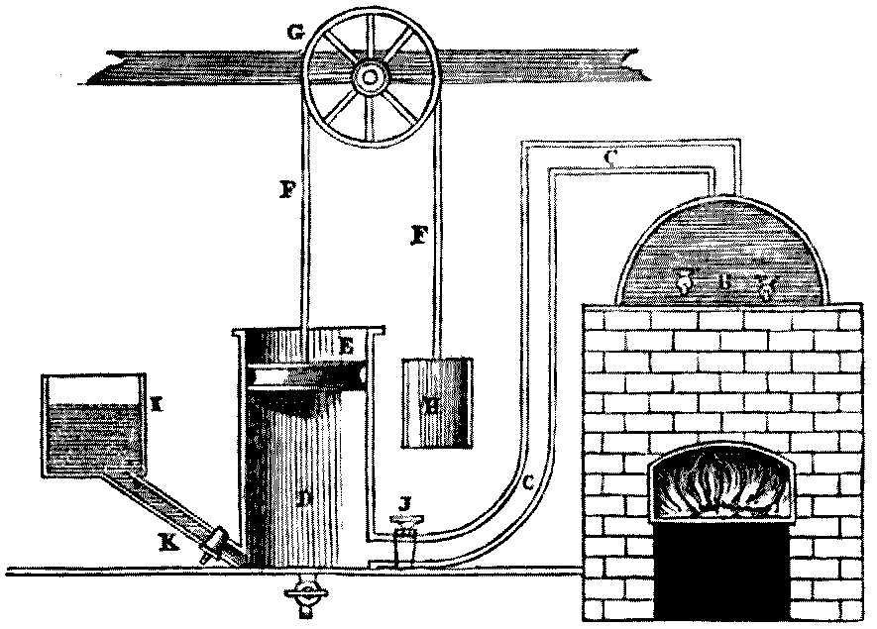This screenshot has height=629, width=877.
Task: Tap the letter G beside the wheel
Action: coord(293,31)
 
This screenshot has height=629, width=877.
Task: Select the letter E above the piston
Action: coord(346,347)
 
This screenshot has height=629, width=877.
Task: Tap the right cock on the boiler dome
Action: coord(763,286)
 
